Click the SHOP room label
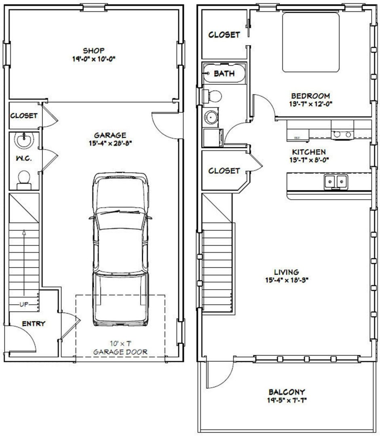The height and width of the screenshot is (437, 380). pos(94,50)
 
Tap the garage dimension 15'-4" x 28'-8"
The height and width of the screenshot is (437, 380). pos(110,144)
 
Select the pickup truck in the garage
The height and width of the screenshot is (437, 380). pos(120,249)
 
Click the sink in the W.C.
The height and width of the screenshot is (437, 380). pos(24,140)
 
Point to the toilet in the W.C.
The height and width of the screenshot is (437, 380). pos(24,180)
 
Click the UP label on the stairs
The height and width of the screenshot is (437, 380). pos(24,304)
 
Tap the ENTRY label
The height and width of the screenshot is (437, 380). pos(34,324)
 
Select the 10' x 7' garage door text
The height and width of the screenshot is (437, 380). pos(120,343)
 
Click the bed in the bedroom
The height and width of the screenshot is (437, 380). pos(311,42)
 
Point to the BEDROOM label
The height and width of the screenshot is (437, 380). pos(310,96)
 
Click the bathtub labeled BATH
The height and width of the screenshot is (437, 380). pos(224,73)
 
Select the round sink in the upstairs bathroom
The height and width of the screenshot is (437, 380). pos(211,117)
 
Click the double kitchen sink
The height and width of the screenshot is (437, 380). pos(336,182)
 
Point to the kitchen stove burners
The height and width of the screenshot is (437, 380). pos(342,134)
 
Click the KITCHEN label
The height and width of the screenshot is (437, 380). pos(309,152)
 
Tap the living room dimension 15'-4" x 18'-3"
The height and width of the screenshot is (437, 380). pos(287,280)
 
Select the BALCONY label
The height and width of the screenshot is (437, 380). pos(287,392)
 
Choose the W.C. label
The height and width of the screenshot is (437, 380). pos(24,158)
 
